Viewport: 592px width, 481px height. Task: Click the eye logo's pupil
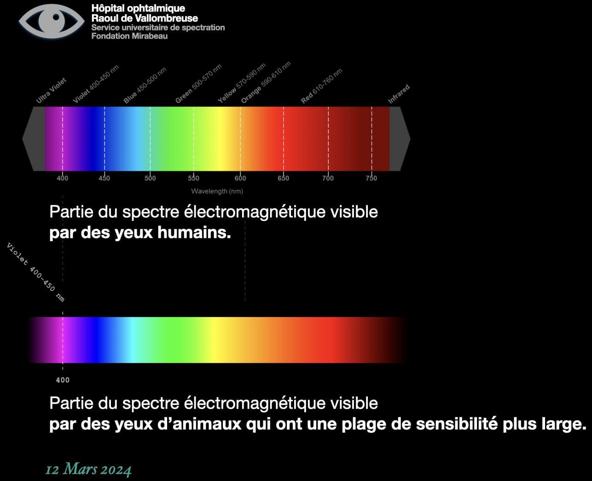pos(56,17)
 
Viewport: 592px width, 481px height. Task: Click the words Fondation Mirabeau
pos(129,36)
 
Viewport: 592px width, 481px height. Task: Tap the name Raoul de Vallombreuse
pos(145,18)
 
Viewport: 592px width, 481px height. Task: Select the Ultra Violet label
pos(52,91)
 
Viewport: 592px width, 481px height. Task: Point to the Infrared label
pos(399,94)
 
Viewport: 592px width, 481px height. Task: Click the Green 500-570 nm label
pos(198,83)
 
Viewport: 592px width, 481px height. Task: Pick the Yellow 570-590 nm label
pos(242,83)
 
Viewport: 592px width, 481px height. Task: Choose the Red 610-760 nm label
pos(322,86)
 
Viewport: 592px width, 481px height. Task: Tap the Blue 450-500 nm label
pos(145,85)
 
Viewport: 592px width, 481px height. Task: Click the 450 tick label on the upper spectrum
pos(104,178)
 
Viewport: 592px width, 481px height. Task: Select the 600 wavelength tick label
pos(240,178)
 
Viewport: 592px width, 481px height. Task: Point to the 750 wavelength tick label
pos(371,178)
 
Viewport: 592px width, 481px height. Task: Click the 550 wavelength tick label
pos(193,178)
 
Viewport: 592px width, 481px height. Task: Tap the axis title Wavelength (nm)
pos(217,191)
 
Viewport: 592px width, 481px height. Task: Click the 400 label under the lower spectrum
pos(63,380)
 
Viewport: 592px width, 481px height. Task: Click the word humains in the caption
pos(194,232)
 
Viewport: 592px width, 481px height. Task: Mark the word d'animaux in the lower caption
pos(199,424)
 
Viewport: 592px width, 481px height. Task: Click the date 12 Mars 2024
pos(88,469)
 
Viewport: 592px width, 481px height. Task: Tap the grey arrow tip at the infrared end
pos(410,139)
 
